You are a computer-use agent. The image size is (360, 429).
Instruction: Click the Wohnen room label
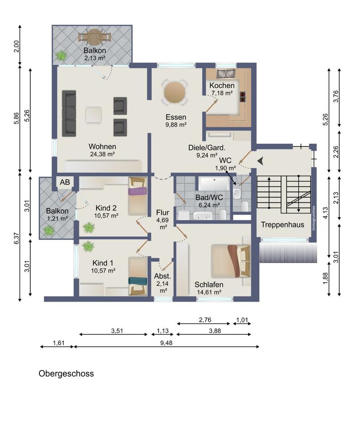click(x=102, y=147)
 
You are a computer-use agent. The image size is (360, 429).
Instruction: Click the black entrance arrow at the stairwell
click(x=260, y=161)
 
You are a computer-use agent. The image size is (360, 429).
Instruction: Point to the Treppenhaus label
click(x=282, y=225)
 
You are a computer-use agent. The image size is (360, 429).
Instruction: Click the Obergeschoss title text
click(x=66, y=374)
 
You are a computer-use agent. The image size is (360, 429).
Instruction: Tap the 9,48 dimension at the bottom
click(x=166, y=343)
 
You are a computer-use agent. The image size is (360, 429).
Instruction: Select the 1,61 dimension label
click(x=58, y=343)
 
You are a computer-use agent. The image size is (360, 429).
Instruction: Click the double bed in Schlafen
click(x=230, y=261)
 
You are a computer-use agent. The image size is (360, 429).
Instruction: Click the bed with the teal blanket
click(x=138, y=276)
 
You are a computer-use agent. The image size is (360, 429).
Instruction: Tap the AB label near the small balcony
click(x=65, y=182)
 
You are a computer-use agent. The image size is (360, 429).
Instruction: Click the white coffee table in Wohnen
click(x=93, y=115)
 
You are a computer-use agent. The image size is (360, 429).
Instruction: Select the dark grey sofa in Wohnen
click(x=69, y=113)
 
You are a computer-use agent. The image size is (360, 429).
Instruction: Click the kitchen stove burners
click(x=243, y=97)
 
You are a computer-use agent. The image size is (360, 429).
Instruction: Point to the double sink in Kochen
click(x=226, y=74)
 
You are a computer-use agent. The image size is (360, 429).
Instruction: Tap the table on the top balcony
click(x=95, y=37)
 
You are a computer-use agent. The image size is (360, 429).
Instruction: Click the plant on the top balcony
click(x=61, y=56)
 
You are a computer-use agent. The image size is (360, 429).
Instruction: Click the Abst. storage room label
click(x=162, y=276)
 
